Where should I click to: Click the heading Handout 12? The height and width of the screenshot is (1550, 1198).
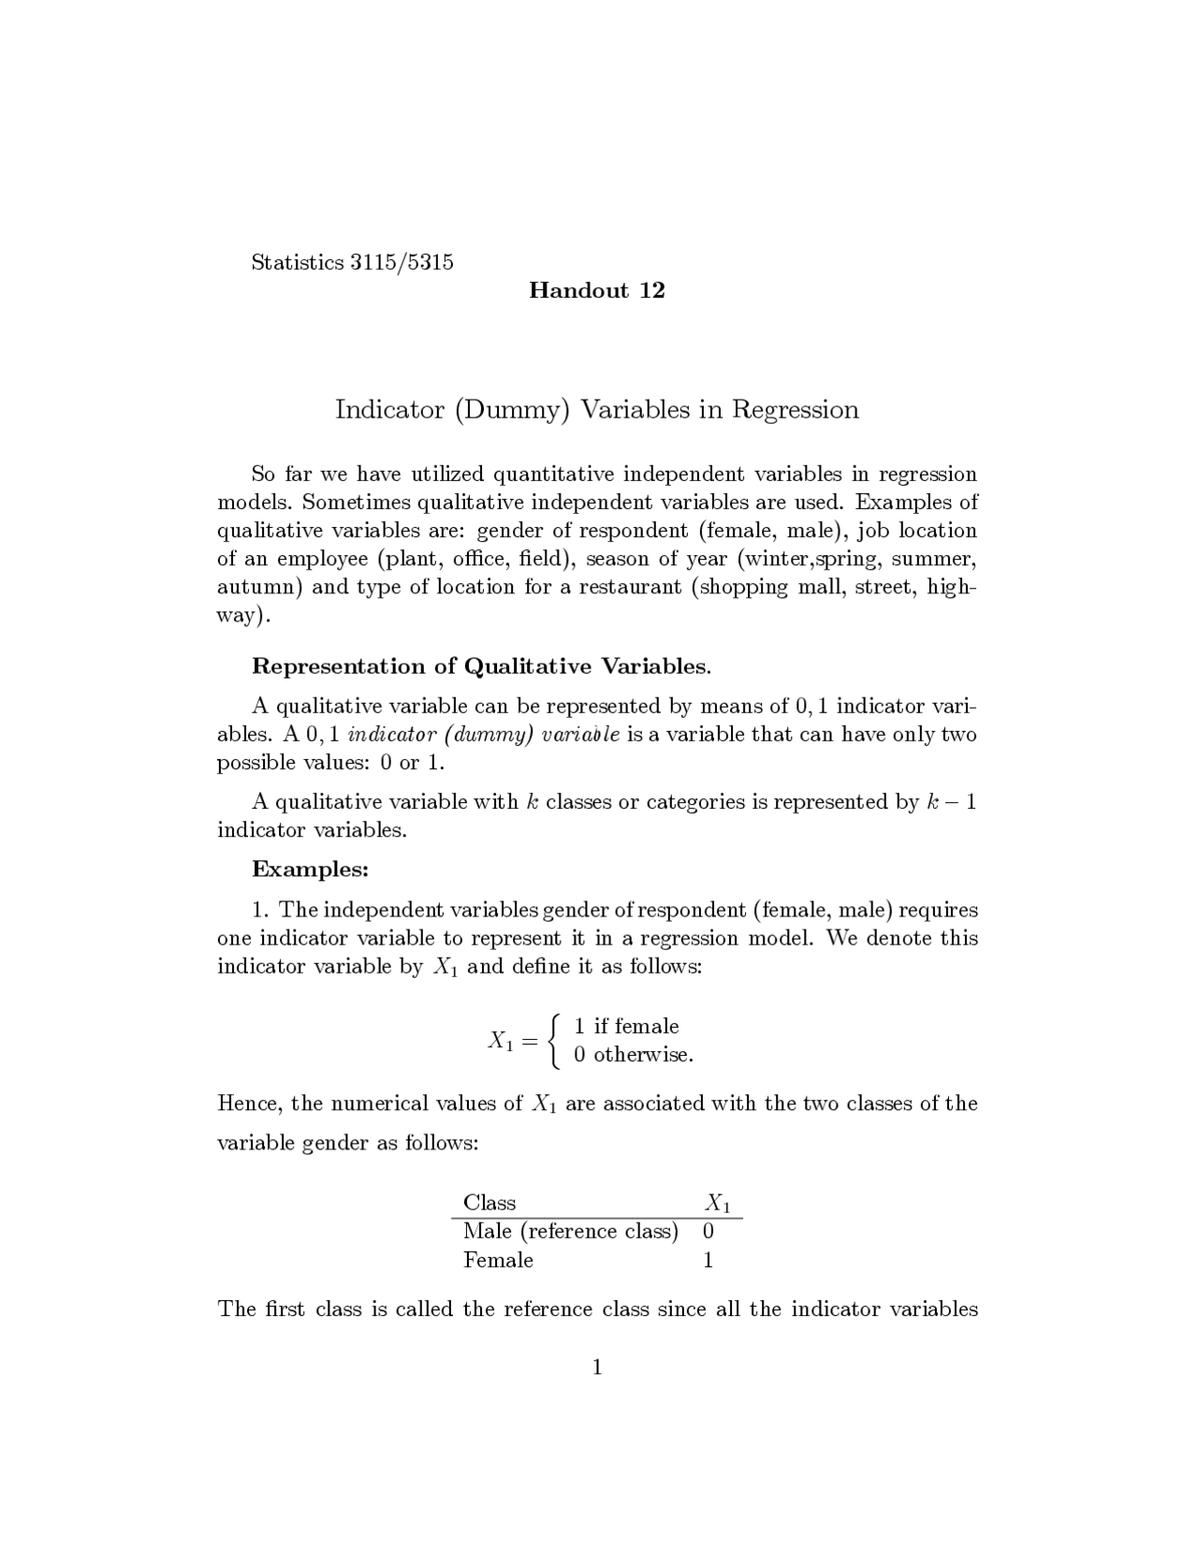click(x=596, y=291)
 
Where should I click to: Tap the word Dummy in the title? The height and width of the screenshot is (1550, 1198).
click(x=511, y=410)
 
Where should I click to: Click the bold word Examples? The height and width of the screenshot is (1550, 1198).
click(x=311, y=870)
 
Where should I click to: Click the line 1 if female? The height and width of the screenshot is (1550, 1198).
click(x=626, y=1027)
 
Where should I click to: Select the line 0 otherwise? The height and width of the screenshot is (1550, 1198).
click(x=633, y=1055)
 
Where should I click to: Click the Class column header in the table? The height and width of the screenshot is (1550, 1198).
click(x=489, y=1203)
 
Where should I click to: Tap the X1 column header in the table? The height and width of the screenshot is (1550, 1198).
click(x=718, y=1203)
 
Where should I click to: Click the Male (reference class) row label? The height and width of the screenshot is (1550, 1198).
click(x=570, y=1232)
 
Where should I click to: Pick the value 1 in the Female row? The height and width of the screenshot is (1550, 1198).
click(x=709, y=1261)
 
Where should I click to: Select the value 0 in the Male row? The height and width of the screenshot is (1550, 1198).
click(x=709, y=1232)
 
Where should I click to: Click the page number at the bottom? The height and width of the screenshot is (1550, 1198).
click(x=597, y=1368)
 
